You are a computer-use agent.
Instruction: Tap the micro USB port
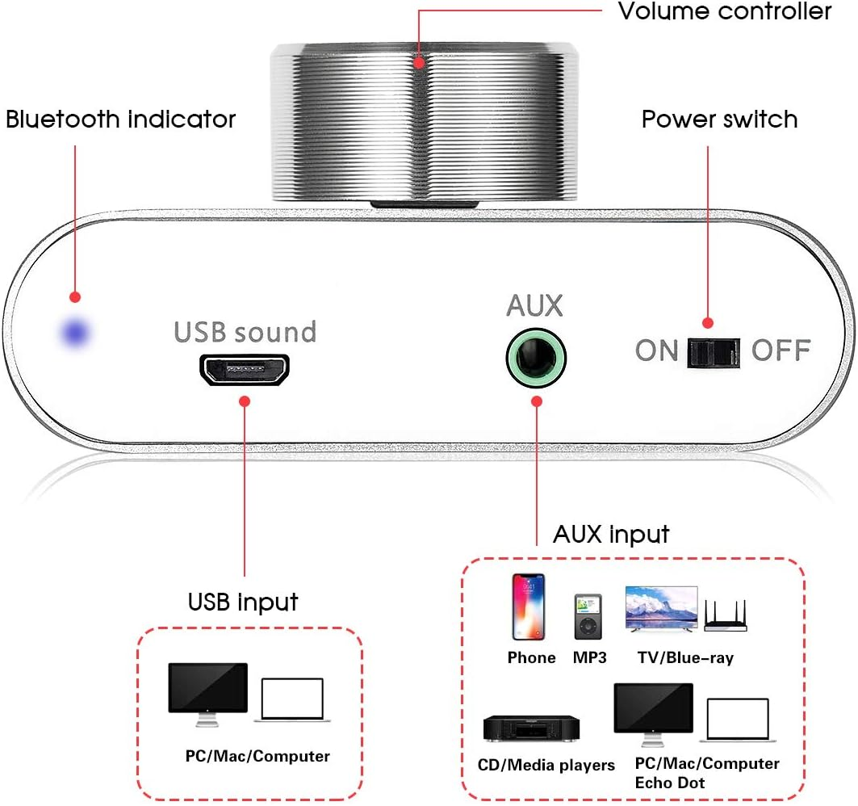(245, 371)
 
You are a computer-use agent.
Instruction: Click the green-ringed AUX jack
(536, 356)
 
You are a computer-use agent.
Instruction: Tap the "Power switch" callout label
(719, 120)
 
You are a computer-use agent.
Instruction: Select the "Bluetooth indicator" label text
(121, 120)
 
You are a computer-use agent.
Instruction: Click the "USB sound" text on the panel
(245, 331)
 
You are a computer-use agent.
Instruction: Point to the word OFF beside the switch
(781, 351)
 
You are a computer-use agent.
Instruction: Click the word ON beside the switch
(656, 351)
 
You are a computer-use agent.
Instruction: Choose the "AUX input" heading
(611, 535)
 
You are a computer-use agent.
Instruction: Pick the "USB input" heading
(243, 602)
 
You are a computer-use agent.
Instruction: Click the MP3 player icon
(588, 618)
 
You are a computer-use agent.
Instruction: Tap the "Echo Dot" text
(670, 783)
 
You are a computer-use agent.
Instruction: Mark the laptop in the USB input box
(292, 700)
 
